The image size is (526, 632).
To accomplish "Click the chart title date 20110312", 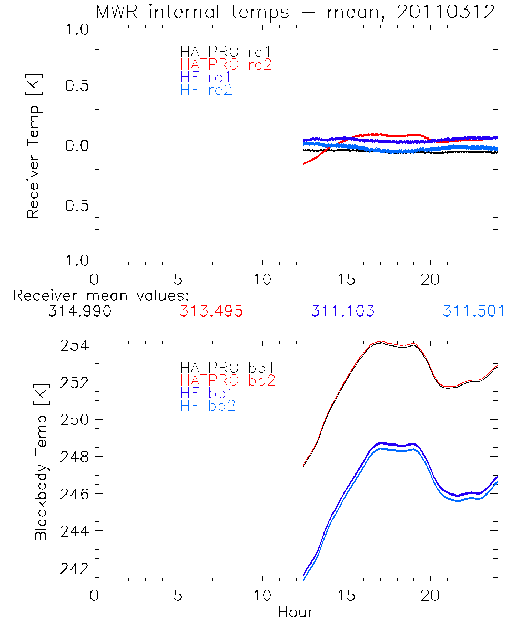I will (446, 12).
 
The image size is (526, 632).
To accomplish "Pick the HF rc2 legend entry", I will (206, 90).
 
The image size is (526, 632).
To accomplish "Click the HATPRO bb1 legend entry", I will (227, 367).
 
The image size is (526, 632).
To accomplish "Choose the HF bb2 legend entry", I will (207, 406).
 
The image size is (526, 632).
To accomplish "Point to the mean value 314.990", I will (79, 311).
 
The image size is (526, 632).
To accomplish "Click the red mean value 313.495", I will (211, 311).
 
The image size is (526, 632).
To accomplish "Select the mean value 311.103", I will (342, 311).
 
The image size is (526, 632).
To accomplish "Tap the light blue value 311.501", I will (473, 311).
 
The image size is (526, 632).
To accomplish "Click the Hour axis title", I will (296, 613).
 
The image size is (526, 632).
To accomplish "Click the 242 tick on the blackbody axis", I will (72, 569).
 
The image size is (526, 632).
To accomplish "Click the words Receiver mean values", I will (101, 295).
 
